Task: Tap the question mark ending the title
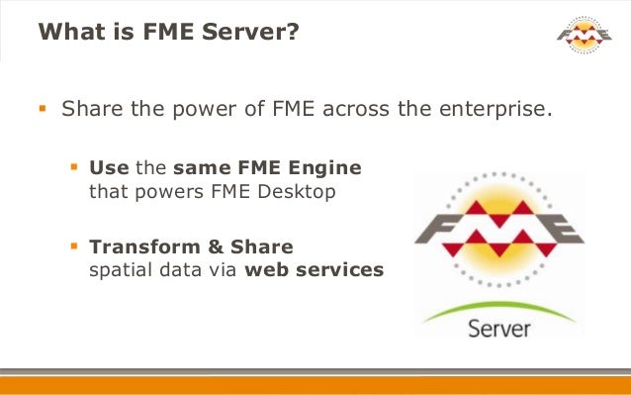coord(294,34)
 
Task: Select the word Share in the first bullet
coord(90,107)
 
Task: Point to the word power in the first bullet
coord(198,107)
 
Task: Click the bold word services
coord(336,268)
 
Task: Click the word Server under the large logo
coord(500,326)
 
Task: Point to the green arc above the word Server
coord(499,304)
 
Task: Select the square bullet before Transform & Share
coord(74,245)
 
